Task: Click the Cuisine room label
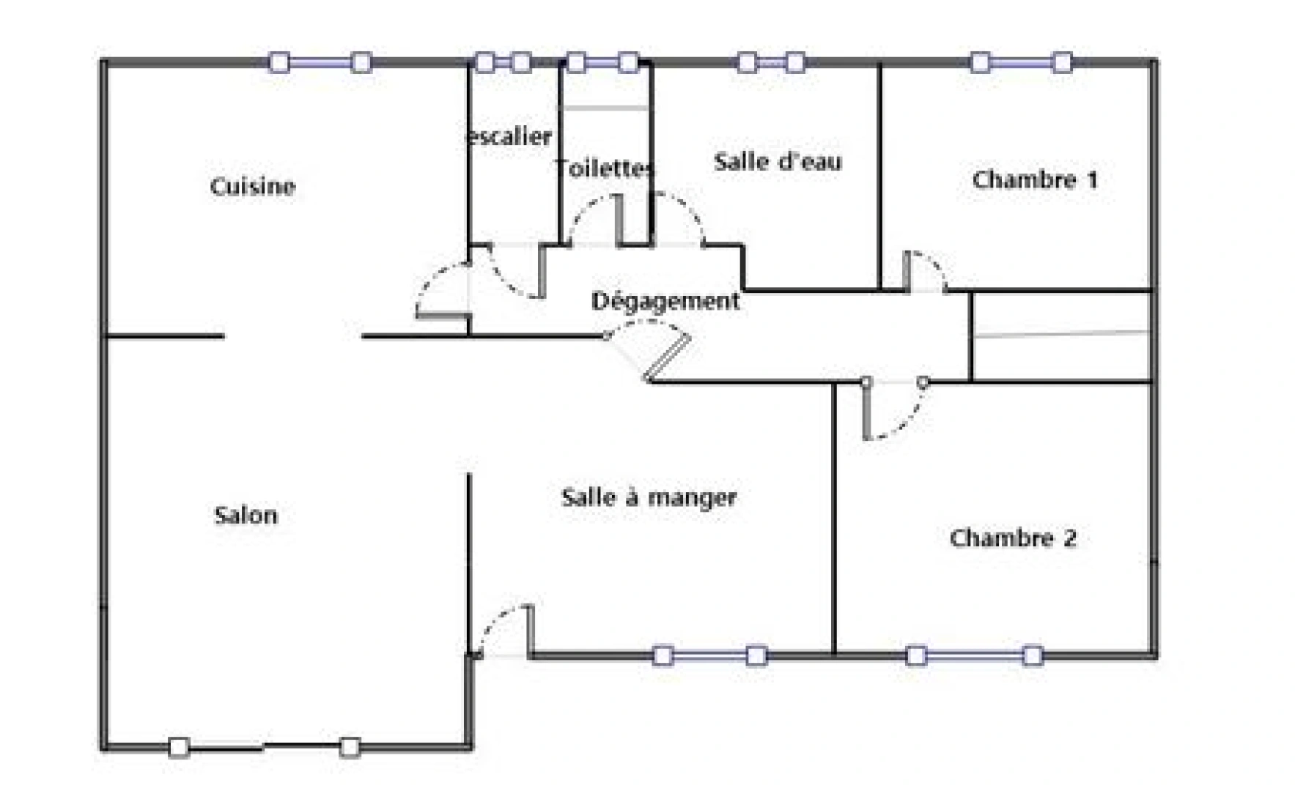tap(252, 186)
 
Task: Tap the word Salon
tap(246, 515)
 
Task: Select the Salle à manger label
tap(649, 497)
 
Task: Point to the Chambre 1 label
tap(1034, 179)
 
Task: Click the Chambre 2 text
tap(1013, 538)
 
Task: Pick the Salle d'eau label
tap(778, 161)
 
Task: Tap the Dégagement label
tap(665, 301)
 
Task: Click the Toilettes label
tap(604, 168)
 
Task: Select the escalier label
tap(509, 136)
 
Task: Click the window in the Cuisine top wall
tap(320, 62)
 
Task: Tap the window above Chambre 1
tap(1020, 62)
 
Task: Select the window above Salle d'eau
tap(770, 62)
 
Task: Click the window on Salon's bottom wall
tap(265, 747)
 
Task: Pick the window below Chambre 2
tap(974, 655)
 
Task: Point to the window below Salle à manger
tap(709, 655)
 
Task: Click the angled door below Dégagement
tap(652, 355)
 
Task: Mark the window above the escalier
tap(502, 62)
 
